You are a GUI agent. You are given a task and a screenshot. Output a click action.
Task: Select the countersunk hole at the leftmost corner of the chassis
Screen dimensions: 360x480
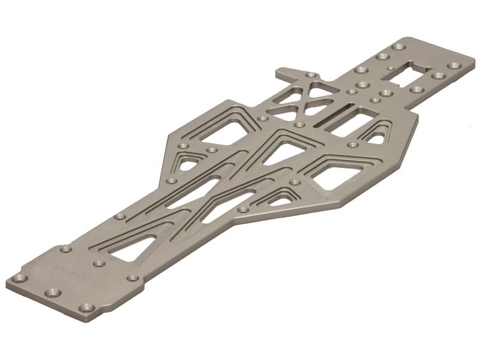click(20, 278)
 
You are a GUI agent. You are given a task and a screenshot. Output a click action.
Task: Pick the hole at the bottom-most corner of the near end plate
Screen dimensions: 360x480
click(88, 308)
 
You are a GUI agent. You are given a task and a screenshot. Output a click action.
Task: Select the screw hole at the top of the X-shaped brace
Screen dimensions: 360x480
click(311, 75)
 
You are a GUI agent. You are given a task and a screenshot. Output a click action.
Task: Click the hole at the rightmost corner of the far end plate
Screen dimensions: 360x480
click(454, 65)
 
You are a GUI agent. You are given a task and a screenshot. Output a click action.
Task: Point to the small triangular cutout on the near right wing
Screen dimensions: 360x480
click(278, 197)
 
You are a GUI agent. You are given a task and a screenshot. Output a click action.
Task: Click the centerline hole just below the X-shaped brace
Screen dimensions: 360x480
click(299, 125)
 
